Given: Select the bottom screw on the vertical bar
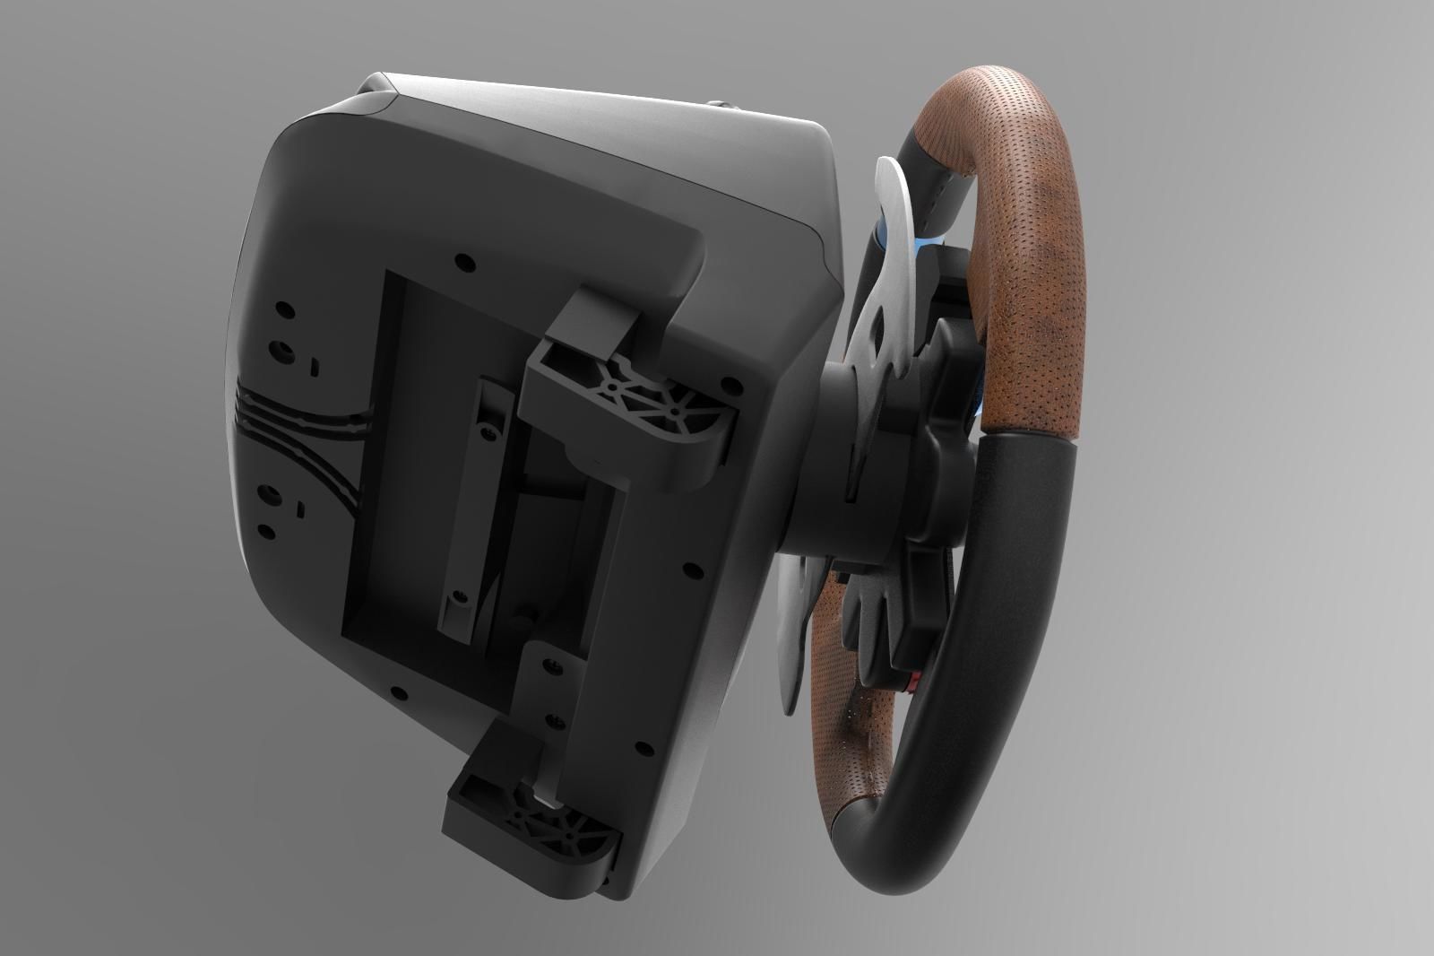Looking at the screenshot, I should [458, 596].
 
